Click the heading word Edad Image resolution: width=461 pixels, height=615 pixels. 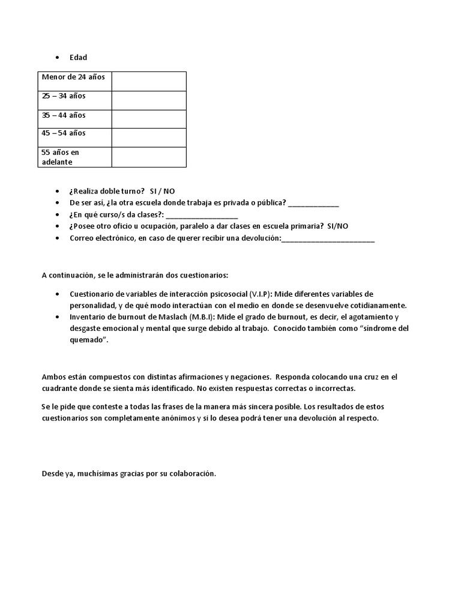pos(78,58)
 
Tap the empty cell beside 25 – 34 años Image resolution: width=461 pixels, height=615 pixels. pos(149,100)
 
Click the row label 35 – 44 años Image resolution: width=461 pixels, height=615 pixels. pos(64,115)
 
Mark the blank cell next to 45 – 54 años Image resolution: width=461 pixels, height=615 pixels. pos(149,138)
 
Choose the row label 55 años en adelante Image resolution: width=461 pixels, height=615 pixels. pos(60,157)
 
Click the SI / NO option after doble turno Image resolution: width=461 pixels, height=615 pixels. pos(162,190)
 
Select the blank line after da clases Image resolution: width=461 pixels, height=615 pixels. pos(202,215)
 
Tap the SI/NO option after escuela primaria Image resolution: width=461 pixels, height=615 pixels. pos(337,226)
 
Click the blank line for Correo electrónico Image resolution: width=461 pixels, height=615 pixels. pos(328,238)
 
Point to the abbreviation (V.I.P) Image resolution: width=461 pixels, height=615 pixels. pos(259,294)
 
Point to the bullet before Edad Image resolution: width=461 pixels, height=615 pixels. pos(56,58)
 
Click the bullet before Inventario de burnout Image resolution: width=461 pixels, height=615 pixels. pos(56,317)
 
